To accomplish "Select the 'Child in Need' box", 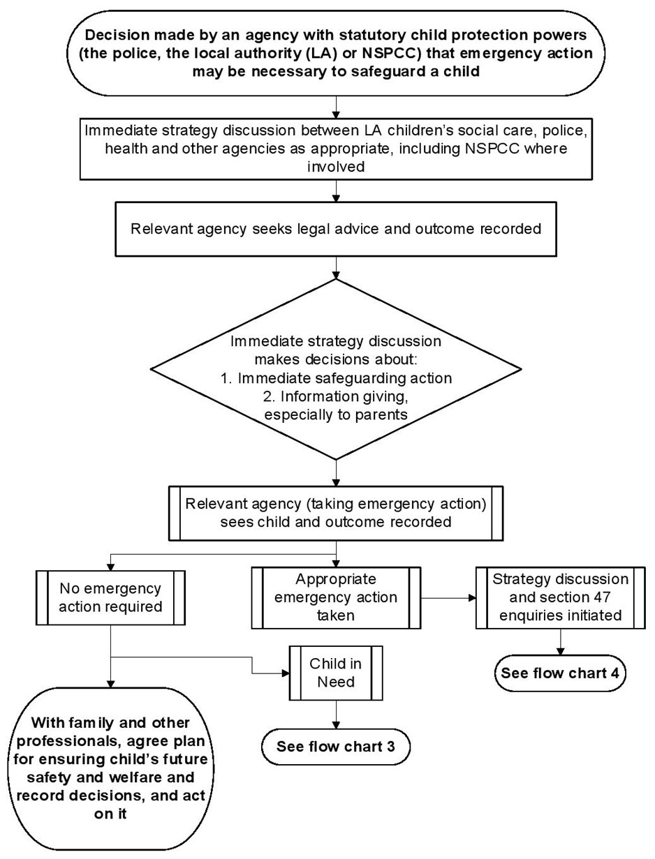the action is tap(335, 673).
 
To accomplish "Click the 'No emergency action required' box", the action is tap(110, 597).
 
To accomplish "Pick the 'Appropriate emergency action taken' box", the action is tap(336, 598).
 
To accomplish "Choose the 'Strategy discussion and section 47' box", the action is tap(560, 598).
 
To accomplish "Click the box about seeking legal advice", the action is tap(335, 229).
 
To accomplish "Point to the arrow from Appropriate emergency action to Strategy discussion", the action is tap(448, 598).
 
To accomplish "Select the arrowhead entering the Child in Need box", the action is tap(286, 673).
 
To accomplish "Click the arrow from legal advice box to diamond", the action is tap(336, 268).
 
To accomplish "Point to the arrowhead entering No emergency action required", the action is tap(111, 567).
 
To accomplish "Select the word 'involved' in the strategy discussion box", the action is tap(335, 167).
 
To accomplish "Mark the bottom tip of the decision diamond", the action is tap(336, 459).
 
